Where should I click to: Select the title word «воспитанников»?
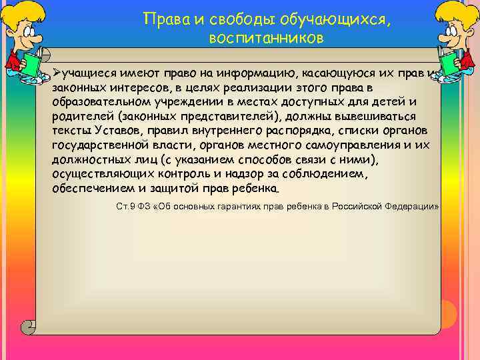coord(266,39)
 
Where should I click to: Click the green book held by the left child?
coord(32,64)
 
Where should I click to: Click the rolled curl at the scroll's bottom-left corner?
coord(28,327)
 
